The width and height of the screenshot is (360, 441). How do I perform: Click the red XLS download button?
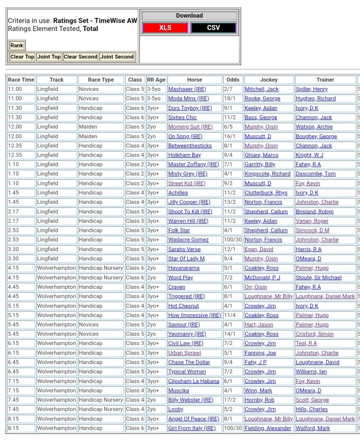pos(165,28)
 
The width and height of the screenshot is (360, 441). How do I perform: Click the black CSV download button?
pos(213,28)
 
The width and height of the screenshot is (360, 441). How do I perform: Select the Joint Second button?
pos(117,56)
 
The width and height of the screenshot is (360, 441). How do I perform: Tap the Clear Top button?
pos(22,56)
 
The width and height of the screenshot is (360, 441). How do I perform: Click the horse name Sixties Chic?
pos(182,117)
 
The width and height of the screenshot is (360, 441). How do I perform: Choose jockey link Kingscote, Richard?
pos(267,174)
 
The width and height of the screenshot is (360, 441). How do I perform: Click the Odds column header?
pos(232,80)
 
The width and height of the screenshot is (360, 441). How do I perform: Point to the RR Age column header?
pos(156,80)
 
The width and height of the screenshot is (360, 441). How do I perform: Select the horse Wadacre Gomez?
pos(188,240)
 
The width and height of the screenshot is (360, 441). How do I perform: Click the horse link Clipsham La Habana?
pos(194,381)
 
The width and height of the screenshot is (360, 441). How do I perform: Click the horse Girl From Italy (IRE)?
pos(191,428)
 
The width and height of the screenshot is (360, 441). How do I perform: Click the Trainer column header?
pos(325,80)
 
